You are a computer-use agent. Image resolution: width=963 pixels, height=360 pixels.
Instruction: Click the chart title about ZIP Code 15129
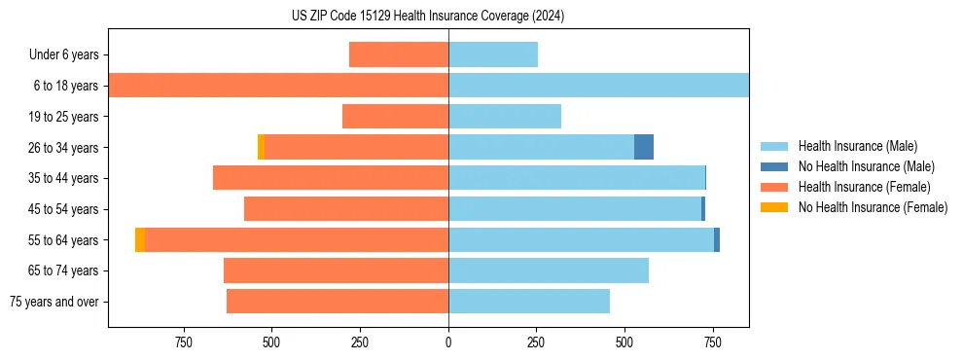428,16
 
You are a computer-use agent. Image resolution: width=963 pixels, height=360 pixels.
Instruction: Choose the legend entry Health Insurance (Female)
860,187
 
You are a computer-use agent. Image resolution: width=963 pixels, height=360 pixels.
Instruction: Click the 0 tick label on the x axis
448,342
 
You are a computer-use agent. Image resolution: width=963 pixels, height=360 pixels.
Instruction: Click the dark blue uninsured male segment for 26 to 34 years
644,147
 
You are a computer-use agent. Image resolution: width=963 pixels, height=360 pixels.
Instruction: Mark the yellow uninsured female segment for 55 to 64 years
140,239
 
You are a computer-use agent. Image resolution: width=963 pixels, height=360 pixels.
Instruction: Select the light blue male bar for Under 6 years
493,54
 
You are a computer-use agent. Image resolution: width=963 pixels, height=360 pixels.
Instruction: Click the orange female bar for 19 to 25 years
395,117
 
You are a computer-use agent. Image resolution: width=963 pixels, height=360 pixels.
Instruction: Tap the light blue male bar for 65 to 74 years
549,270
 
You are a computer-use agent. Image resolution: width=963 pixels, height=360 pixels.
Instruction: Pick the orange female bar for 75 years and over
338,302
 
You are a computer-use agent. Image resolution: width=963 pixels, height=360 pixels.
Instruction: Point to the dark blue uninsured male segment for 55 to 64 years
717,239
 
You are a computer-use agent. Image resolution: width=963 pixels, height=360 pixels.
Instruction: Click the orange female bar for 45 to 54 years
346,209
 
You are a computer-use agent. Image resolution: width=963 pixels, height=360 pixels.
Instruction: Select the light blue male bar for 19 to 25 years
505,117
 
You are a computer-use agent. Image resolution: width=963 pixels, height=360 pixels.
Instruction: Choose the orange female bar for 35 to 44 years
331,178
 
